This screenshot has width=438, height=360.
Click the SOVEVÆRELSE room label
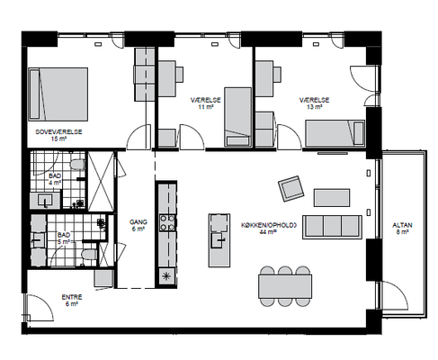tap(58, 131)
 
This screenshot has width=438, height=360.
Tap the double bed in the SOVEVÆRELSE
tap(58, 94)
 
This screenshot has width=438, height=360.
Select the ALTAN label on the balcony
tap(402, 225)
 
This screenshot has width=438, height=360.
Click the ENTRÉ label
tap(72, 297)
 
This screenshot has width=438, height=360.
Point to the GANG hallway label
tap(139, 222)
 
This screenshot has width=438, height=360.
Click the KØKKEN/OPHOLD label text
tap(269, 225)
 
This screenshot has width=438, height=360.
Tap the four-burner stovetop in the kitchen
tap(167, 222)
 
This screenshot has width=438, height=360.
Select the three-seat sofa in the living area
tap(332, 227)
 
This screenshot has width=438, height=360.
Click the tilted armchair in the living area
tap(291, 189)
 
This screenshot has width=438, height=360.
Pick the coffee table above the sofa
tap(332, 198)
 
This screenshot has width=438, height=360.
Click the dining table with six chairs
tap(285, 286)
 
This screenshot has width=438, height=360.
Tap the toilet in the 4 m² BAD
tap(77, 165)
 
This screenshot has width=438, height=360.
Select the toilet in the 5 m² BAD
tap(89, 256)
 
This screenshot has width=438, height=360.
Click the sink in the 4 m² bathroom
tap(45, 200)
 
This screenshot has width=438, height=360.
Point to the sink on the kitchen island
tap(219, 240)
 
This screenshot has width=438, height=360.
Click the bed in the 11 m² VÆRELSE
tap(238, 117)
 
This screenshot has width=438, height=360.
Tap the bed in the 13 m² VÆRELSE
tap(335, 133)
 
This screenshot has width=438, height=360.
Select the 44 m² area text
tap(268, 231)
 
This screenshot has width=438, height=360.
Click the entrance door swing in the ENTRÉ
tap(40, 307)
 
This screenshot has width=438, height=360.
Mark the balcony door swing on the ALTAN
tap(395, 295)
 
